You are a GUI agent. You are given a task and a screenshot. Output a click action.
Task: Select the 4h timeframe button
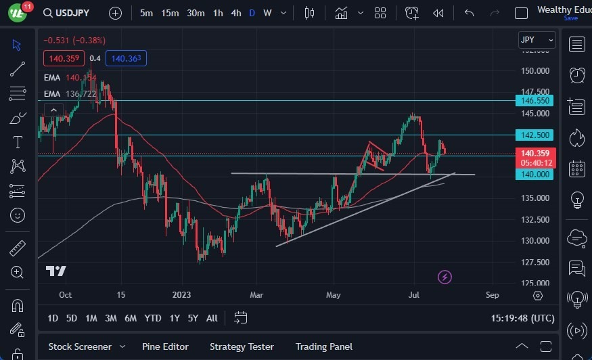[235, 13]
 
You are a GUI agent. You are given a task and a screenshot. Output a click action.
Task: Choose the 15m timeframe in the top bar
[170, 13]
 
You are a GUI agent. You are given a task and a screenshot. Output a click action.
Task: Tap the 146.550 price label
[534, 100]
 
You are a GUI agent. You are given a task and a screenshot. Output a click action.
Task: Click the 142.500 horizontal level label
[534, 135]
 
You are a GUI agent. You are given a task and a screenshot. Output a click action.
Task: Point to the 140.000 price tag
[534, 174]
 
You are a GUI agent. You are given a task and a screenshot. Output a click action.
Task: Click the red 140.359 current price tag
[534, 154]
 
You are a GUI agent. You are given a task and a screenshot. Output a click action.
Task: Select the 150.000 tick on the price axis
[534, 70]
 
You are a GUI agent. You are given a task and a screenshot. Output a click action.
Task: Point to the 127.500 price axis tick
[534, 262]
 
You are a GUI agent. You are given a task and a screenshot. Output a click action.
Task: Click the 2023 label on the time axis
[182, 295]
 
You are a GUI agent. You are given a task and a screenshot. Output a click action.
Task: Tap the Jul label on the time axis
[414, 295]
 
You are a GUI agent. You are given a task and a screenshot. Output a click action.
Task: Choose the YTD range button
[153, 318]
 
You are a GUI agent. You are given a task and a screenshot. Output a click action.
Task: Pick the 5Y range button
[193, 318]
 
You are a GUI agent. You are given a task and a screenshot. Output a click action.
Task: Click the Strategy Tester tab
[242, 346]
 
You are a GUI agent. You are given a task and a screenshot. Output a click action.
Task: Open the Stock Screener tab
[80, 346]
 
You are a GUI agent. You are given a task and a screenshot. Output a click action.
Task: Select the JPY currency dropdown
[537, 40]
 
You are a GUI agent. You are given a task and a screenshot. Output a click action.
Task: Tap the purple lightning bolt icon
[445, 277]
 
